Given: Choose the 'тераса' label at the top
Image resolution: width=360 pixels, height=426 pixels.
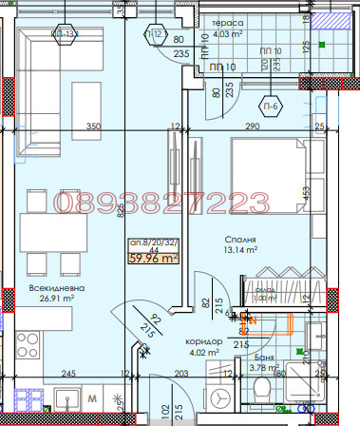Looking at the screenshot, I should (227, 23).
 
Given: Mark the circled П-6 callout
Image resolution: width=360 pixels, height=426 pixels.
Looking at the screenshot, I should (271, 106).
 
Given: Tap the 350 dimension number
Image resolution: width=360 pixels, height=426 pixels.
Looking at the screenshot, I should (93, 126).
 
